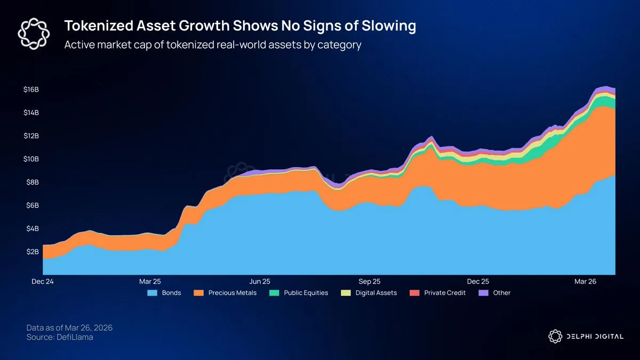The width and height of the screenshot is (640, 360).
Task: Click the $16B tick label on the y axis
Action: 31,90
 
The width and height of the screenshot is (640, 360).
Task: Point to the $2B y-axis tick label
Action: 33,252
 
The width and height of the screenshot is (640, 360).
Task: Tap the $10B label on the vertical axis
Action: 31,159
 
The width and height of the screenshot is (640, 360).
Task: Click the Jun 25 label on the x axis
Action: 259,281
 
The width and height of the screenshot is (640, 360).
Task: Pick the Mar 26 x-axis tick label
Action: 585,281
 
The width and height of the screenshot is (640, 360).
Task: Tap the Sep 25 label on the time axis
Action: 369,281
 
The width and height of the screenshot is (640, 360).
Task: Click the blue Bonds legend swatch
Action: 153,293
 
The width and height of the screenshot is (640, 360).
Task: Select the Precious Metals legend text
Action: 233,293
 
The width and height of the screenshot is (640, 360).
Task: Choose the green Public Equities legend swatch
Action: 274,293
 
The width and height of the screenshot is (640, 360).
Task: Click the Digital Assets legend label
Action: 376,293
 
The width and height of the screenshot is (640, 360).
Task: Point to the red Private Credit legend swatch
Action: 414,293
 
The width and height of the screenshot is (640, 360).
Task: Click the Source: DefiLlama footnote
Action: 60,338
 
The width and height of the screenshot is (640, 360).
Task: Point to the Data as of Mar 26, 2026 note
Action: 69,327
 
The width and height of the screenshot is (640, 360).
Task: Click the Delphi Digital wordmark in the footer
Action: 592,336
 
